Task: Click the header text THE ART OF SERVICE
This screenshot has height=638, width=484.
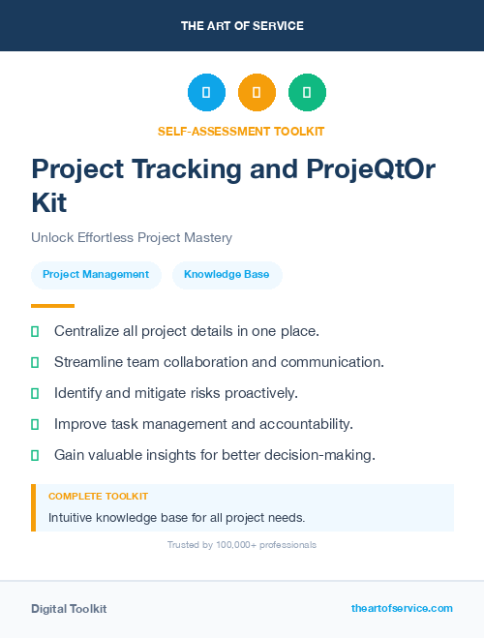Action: point(242,25)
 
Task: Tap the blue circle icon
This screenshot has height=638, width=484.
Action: point(206,92)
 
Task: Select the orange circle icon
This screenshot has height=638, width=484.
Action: point(257,92)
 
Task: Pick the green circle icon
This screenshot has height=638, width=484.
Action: point(307,92)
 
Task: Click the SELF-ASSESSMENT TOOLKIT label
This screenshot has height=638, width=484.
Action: point(241,131)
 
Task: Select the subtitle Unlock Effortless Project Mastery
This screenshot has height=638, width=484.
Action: point(132,237)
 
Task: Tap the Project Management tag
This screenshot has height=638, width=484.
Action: point(96,275)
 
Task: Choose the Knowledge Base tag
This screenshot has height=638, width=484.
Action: point(227,275)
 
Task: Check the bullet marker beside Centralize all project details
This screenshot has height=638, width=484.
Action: point(35,331)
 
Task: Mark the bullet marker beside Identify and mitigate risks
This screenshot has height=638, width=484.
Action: point(35,393)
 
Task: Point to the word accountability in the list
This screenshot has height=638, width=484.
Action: point(308,424)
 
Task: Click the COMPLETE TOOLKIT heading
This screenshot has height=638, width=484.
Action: point(98,496)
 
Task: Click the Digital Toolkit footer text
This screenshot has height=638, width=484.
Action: point(69,609)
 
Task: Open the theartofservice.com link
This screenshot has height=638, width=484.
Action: point(402,608)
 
